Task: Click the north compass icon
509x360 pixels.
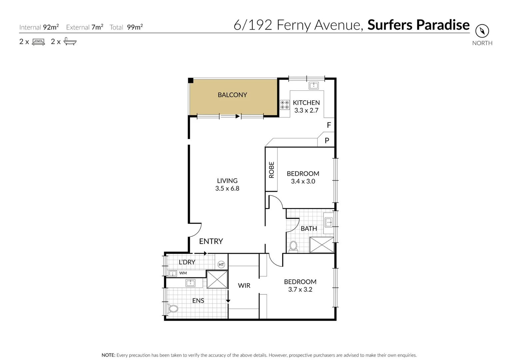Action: click(x=482, y=31)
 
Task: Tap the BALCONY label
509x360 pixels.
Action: click(x=232, y=95)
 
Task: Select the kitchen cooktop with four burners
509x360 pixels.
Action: click(x=284, y=105)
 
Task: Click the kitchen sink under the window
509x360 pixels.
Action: click(x=313, y=86)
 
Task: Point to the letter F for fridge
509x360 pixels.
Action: click(x=329, y=125)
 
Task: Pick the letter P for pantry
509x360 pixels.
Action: click(x=327, y=141)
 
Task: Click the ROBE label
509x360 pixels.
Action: click(x=271, y=170)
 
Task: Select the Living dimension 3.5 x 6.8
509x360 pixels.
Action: click(x=227, y=188)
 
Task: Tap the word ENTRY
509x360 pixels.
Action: click(x=211, y=241)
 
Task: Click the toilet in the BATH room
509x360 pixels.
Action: click(x=293, y=246)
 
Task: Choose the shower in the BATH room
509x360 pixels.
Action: click(x=321, y=245)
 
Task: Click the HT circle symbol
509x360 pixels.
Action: click(x=221, y=265)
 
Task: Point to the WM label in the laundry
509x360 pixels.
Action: click(x=183, y=273)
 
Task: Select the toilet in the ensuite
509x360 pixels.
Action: click(x=173, y=308)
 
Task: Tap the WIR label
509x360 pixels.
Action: click(x=244, y=285)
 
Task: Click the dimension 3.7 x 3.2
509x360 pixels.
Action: click(x=300, y=289)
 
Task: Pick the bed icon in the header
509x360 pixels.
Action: click(x=38, y=42)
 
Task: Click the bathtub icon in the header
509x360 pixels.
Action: click(x=70, y=42)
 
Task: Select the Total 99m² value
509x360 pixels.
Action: click(x=135, y=27)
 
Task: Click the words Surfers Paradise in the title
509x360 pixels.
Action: click(x=418, y=25)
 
